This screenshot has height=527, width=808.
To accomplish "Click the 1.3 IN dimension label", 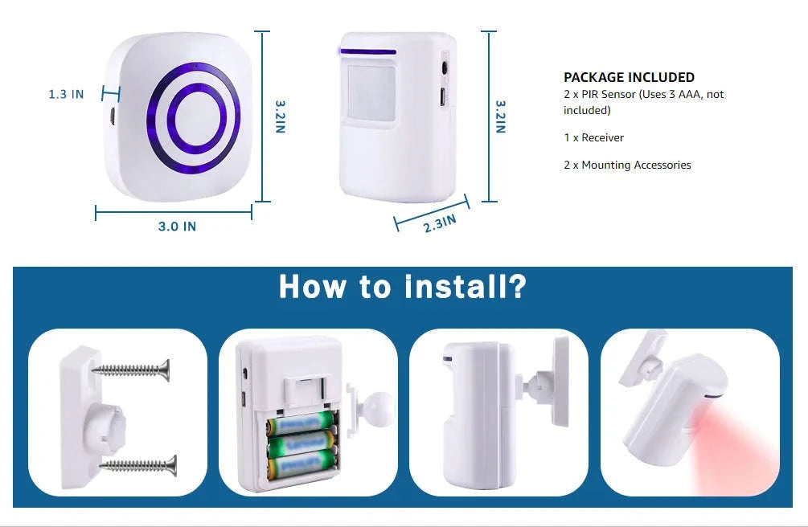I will [66, 94].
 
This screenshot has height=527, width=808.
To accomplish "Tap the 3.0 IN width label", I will [177, 227].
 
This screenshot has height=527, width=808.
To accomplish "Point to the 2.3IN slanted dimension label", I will [440, 223].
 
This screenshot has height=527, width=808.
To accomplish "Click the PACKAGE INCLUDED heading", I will [629, 77].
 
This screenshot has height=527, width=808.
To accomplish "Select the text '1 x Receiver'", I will [593, 137].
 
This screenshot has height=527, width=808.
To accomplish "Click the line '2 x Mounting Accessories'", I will [627, 165].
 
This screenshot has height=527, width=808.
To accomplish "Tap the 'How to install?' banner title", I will [402, 287].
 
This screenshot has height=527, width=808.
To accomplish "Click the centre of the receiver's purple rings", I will [193, 116].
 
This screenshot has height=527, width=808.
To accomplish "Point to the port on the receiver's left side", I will [113, 114].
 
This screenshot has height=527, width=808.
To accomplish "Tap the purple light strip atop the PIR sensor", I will [367, 52].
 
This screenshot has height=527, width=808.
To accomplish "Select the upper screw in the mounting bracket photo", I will [133, 369].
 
